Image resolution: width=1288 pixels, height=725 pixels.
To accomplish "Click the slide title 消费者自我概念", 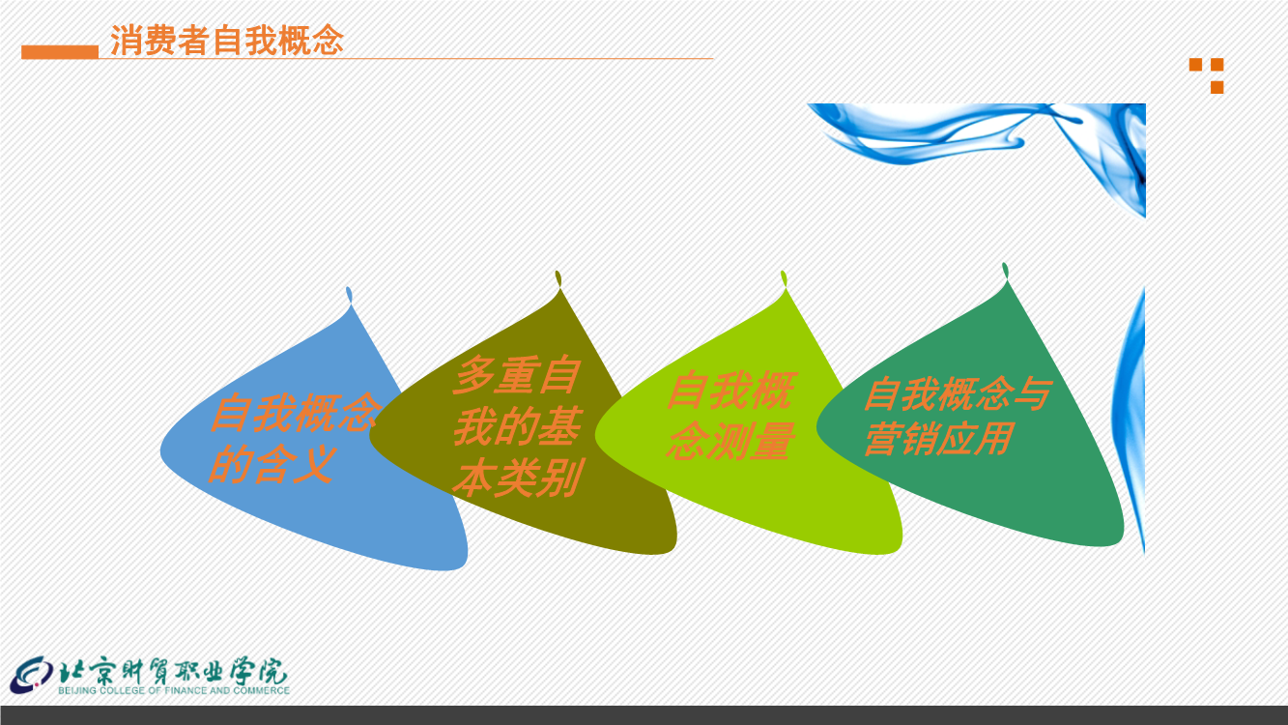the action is (226, 41).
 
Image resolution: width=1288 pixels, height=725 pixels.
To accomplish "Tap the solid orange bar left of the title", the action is (60, 52).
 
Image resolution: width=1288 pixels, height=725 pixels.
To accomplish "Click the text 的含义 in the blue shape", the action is (272, 464).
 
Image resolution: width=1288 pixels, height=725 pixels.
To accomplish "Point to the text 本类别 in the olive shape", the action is (518, 478).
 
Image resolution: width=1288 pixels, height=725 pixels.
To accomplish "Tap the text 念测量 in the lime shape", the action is (730, 441).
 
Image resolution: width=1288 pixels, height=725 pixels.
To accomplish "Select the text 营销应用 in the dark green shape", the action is (938, 439).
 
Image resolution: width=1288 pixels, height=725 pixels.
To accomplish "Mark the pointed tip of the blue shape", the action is (349, 289).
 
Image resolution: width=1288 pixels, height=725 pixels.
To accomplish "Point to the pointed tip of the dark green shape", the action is (1005, 265).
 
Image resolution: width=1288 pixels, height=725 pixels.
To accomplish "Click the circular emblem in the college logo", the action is (31, 675).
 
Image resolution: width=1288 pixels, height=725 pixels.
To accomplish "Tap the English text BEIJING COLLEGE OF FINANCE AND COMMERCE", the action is (174, 690).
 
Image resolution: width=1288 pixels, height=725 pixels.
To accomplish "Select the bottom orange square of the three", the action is (1216, 87).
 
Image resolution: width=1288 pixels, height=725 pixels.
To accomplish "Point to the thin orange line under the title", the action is (406, 59).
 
